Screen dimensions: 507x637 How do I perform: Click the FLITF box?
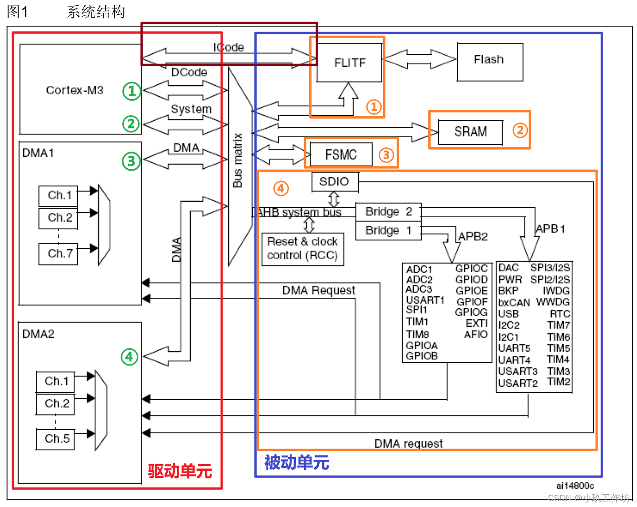(350, 62)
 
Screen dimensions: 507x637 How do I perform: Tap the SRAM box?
(470, 132)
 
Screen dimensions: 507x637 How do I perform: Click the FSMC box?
(341, 155)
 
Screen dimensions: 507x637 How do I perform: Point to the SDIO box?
(334, 182)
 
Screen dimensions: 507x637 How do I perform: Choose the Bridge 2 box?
(388, 212)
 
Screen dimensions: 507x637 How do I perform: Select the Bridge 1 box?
(388, 231)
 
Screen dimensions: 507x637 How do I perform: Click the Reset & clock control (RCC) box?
(303, 248)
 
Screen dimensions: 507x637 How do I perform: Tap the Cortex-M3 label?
(74, 90)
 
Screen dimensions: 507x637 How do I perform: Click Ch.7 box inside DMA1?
(59, 253)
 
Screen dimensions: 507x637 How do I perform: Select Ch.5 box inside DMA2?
(56, 438)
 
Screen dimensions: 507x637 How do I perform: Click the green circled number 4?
(130, 356)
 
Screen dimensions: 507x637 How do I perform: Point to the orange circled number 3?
(386, 154)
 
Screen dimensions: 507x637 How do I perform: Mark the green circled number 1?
(132, 91)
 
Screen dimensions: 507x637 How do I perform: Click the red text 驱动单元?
(180, 471)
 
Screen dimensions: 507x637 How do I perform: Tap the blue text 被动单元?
(296, 463)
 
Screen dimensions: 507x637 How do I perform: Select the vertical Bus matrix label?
(238, 160)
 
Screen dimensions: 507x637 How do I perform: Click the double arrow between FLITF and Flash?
(420, 59)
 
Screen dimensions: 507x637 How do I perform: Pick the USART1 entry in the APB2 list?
(425, 300)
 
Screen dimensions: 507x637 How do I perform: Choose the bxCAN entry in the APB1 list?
(514, 303)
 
